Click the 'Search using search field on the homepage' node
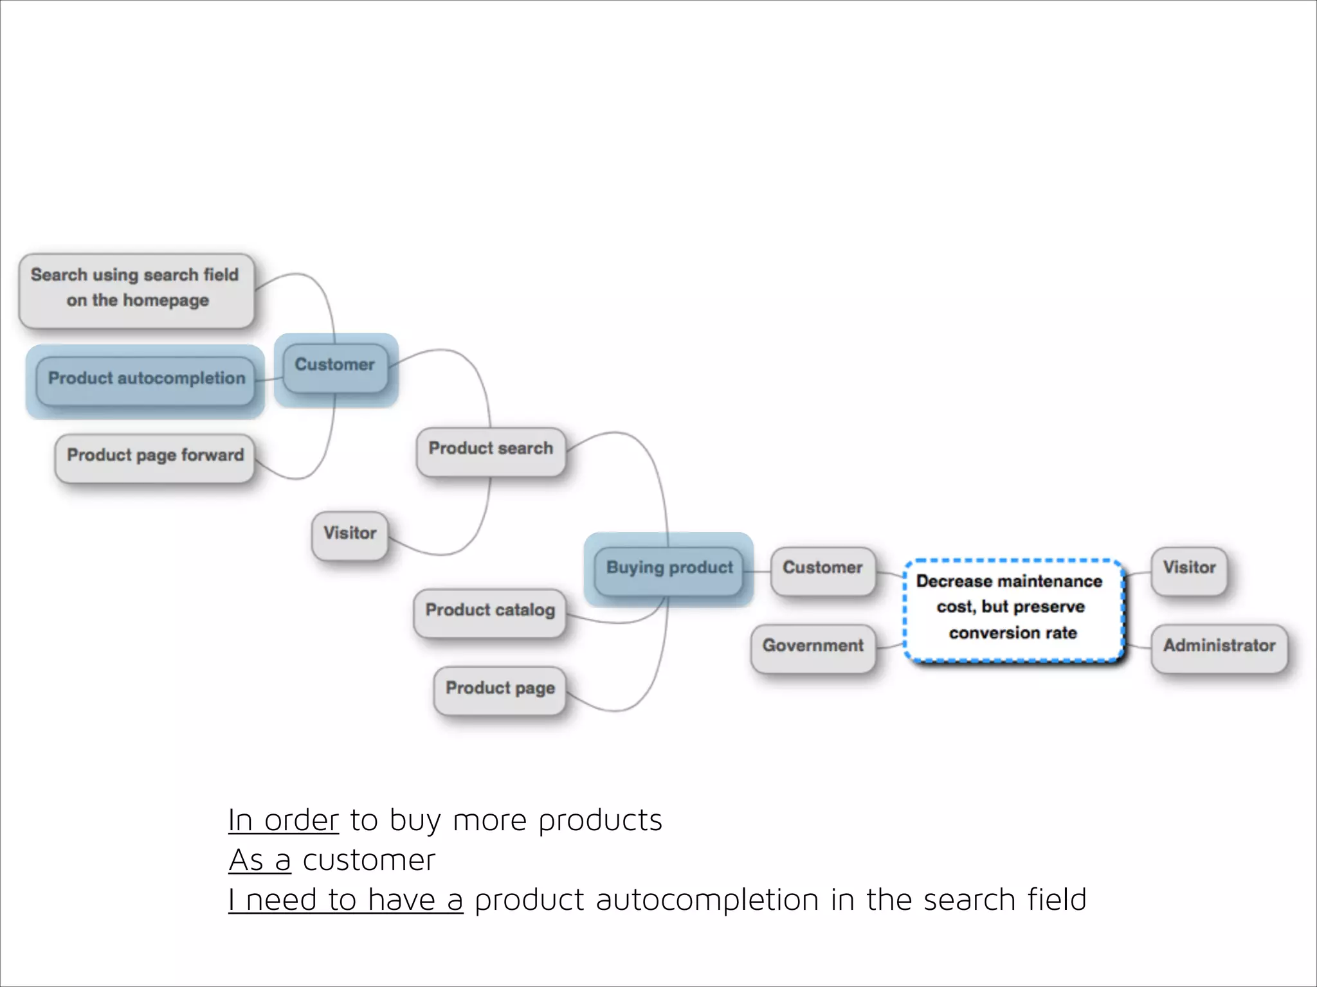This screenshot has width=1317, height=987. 136,290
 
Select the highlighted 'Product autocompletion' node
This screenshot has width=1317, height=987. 146,380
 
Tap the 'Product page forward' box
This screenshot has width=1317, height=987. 155,458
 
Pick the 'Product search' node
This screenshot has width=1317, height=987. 491,451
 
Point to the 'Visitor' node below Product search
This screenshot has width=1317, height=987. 350,535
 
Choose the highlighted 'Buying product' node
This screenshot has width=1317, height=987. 669,570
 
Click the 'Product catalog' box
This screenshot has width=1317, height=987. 490,612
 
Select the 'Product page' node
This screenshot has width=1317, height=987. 500,690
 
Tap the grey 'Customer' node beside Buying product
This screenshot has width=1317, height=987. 822,570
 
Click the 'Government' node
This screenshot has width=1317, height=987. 813,648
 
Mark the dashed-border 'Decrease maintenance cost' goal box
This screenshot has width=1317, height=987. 1013,609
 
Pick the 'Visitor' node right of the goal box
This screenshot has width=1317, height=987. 1189,570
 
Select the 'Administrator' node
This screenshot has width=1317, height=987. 1219,648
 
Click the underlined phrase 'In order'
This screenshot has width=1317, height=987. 283,821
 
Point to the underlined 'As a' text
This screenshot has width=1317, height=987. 260,861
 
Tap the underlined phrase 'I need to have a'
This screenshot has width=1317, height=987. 345,901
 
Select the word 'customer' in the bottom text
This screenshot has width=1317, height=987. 369,861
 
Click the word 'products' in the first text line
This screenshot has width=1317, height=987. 600,821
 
